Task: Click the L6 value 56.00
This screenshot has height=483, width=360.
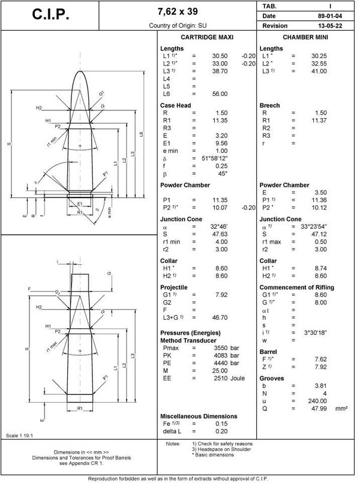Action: coord(219,94)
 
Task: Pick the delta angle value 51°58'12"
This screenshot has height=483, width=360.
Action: coord(215,158)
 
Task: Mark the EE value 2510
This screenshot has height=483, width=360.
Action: coord(223,379)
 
